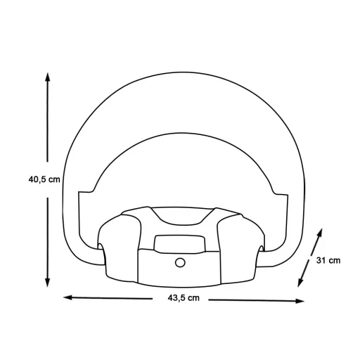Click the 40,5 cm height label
point(44,179)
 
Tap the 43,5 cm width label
point(184,298)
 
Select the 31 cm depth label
point(328,260)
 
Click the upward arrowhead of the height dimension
point(48,77)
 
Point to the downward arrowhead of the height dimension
point(48,282)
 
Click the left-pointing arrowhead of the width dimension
point(68,297)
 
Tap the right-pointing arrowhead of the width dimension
point(300,301)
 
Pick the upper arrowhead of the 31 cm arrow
point(320,233)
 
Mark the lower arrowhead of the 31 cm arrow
point(300,282)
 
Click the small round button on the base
point(180,262)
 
